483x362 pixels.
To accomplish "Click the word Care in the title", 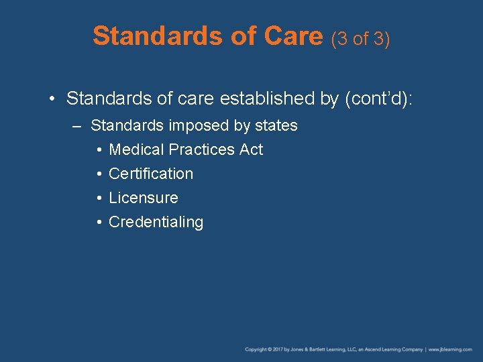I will point(294,36).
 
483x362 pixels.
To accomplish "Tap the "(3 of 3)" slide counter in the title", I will point(360,39).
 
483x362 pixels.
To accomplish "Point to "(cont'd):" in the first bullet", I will point(378,99).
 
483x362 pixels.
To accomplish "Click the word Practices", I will point(201,149).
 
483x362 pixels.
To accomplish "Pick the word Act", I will point(251,149).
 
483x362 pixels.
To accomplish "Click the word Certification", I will point(151,174).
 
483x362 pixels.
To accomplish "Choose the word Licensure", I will point(144,198).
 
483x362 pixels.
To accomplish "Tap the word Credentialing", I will point(156,222).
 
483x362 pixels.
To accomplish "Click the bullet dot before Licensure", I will point(99,198).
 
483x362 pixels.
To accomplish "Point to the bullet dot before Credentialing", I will point(99,223).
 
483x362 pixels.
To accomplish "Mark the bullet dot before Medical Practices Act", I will point(99,150).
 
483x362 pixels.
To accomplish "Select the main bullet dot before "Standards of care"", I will point(52,99).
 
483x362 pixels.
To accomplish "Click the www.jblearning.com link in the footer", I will point(451,349).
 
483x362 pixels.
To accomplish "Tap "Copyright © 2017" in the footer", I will point(264,349).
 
